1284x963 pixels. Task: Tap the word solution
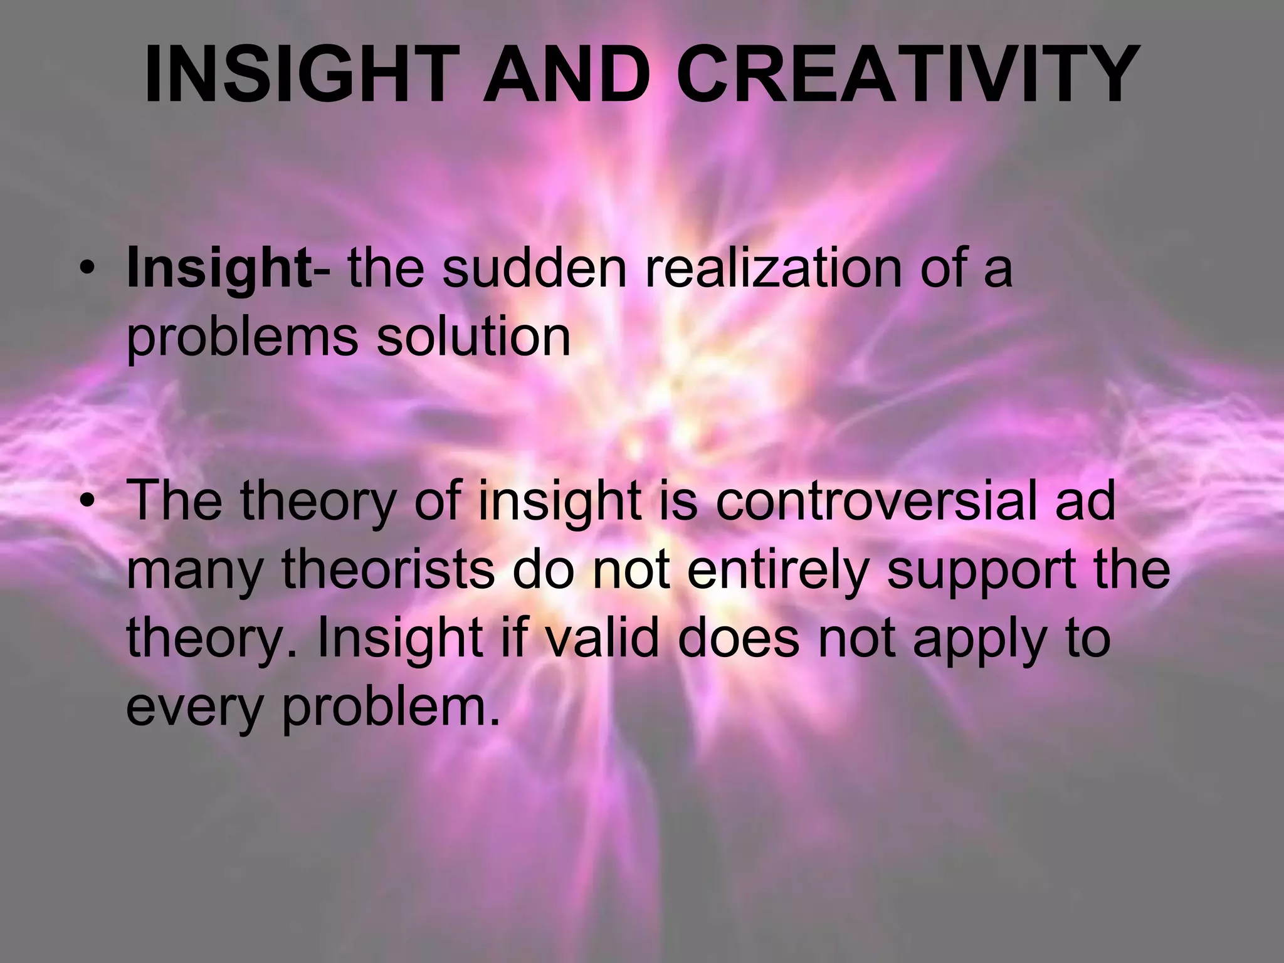tap(473, 336)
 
